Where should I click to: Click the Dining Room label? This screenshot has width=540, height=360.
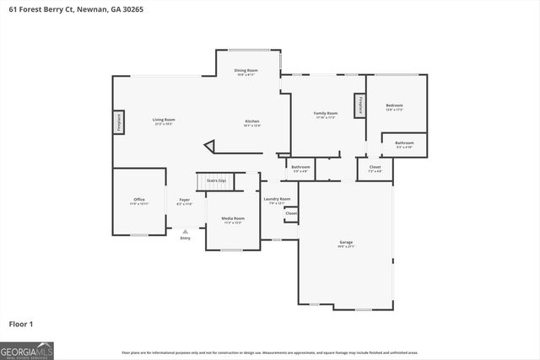click(x=246, y=70)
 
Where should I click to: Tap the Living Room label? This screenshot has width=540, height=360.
click(x=164, y=121)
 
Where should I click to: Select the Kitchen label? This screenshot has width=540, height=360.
click(x=252, y=121)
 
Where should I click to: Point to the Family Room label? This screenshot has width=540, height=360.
click(x=326, y=113)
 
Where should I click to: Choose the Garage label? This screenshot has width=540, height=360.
click(x=346, y=242)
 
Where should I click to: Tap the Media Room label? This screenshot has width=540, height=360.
click(x=233, y=218)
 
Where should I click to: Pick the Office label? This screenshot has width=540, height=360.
click(x=139, y=200)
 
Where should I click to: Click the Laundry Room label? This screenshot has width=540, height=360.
click(x=279, y=199)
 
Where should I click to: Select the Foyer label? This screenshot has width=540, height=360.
click(x=184, y=200)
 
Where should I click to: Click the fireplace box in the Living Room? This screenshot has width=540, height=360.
click(x=119, y=122)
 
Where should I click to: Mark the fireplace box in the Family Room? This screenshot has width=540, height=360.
click(x=360, y=105)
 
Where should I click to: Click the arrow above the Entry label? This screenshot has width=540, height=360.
click(x=185, y=229)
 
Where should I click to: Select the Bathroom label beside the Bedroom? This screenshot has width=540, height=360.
click(x=404, y=142)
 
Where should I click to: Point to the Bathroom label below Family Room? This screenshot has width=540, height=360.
click(x=301, y=167)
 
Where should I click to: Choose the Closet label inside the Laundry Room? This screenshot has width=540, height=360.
click(x=290, y=213)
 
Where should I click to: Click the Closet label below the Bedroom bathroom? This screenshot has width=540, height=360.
click(x=375, y=167)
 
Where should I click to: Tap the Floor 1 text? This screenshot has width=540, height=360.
click(x=21, y=323)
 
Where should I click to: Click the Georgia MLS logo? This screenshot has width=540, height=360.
click(x=26, y=350)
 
